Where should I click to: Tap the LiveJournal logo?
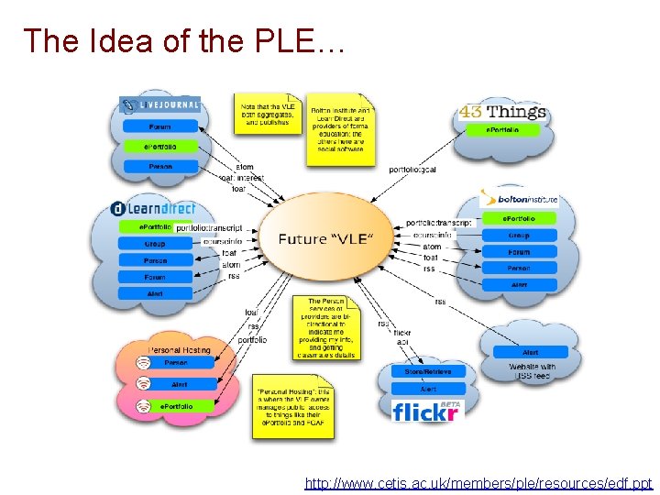point(161,104)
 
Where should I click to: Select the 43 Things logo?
point(502,113)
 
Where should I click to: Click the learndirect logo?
point(154,209)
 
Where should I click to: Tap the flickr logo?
point(423,412)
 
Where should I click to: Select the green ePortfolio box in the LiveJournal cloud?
point(160,147)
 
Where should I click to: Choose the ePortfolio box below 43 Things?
point(502,130)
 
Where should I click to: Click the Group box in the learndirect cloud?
point(155,244)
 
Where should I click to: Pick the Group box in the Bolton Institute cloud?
point(519,235)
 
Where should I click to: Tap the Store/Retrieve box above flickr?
point(422,371)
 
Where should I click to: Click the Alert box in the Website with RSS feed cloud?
point(531,352)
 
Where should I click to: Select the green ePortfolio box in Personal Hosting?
point(176,405)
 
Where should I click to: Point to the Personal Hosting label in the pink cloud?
point(179,349)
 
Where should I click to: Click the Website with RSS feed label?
point(532,371)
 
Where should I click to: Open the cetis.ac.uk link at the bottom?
point(478,482)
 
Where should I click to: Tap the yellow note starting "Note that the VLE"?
point(266,115)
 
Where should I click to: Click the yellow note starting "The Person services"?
point(327,327)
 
